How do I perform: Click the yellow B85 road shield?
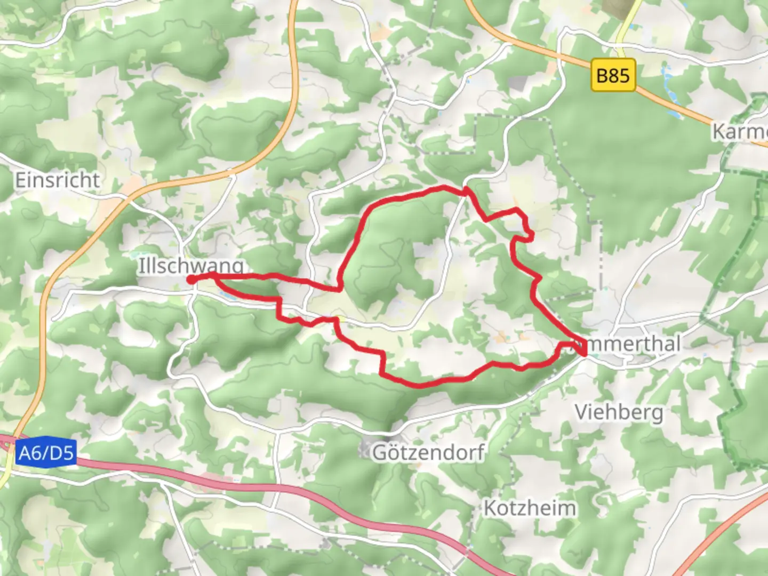click(x=613, y=75)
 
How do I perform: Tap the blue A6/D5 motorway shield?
click(x=46, y=453)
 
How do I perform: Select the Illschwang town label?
click(x=191, y=265)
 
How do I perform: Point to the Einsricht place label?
click(x=57, y=180)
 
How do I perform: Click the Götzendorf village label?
click(x=428, y=452)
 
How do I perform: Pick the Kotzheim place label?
click(x=530, y=508)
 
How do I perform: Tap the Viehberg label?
click(x=619, y=412)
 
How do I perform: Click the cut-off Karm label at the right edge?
click(x=740, y=131)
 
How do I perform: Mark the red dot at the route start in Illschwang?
click(x=191, y=279)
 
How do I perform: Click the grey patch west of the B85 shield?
click(x=517, y=83)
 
